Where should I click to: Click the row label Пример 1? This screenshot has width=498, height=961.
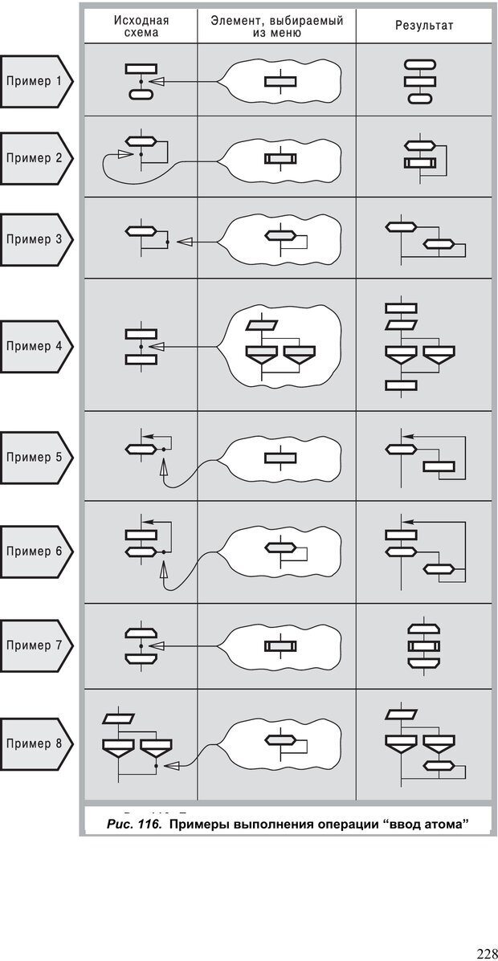coord(35,81)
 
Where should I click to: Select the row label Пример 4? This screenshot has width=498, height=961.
coord(35,347)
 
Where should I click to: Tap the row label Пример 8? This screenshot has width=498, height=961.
coord(35,743)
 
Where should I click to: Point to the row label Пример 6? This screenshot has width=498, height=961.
coord(35,552)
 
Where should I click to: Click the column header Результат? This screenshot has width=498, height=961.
coord(424,26)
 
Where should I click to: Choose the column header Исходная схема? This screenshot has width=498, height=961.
coord(141,26)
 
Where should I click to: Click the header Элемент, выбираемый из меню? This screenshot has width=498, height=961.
coord(277,26)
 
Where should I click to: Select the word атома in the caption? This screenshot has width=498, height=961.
coord(437,824)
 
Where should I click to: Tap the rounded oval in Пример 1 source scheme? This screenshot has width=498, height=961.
coord(141,95)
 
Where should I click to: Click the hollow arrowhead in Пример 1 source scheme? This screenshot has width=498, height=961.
coord(158,81)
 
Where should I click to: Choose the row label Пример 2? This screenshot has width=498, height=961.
coord(35,158)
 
